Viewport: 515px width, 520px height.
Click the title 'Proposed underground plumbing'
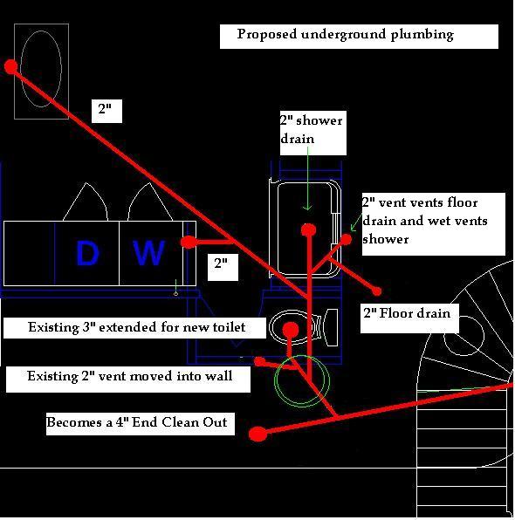pyautogui.click(x=345, y=35)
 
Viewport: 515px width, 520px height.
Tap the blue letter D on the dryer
pyautogui.click(x=87, y=253)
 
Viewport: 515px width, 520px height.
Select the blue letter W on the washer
pyautogui.click(x=148, y=253)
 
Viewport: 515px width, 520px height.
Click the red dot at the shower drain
pyautogui.click(x=308, y=229)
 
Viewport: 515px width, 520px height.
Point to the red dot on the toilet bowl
pyautogui.click(x=291, y=329)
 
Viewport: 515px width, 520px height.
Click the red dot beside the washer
pyautogui.click(x=189, y=242)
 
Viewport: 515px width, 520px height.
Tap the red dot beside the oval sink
pyautogui.click(x=11, y=66)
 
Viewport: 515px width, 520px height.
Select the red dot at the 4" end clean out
pyautogui.click(x=257, y=434)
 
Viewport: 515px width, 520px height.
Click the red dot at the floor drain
pyautogui.click(x=376, y=291)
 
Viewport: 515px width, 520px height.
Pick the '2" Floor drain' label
pyautogui.click(x=407, y=313)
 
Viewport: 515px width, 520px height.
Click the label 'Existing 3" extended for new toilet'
pyautogui.click(x=137, y=327)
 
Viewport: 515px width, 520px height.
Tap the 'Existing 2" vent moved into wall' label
pyautogui.click(x=130, y=376)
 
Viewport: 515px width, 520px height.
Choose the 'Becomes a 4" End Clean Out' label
pyautogui.click(x=137, y=422)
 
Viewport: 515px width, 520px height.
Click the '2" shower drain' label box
pyautogui.click(x=312, y=133)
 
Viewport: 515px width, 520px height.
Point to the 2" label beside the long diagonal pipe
pyautogui.click(x=106, y=111)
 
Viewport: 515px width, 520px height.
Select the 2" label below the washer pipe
pyautogui.click(x=223, y=267)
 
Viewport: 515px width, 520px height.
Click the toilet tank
pyautogui.click(x=332, y=327)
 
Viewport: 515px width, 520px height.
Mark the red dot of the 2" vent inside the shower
pyautogui.click(x=346, y=239)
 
